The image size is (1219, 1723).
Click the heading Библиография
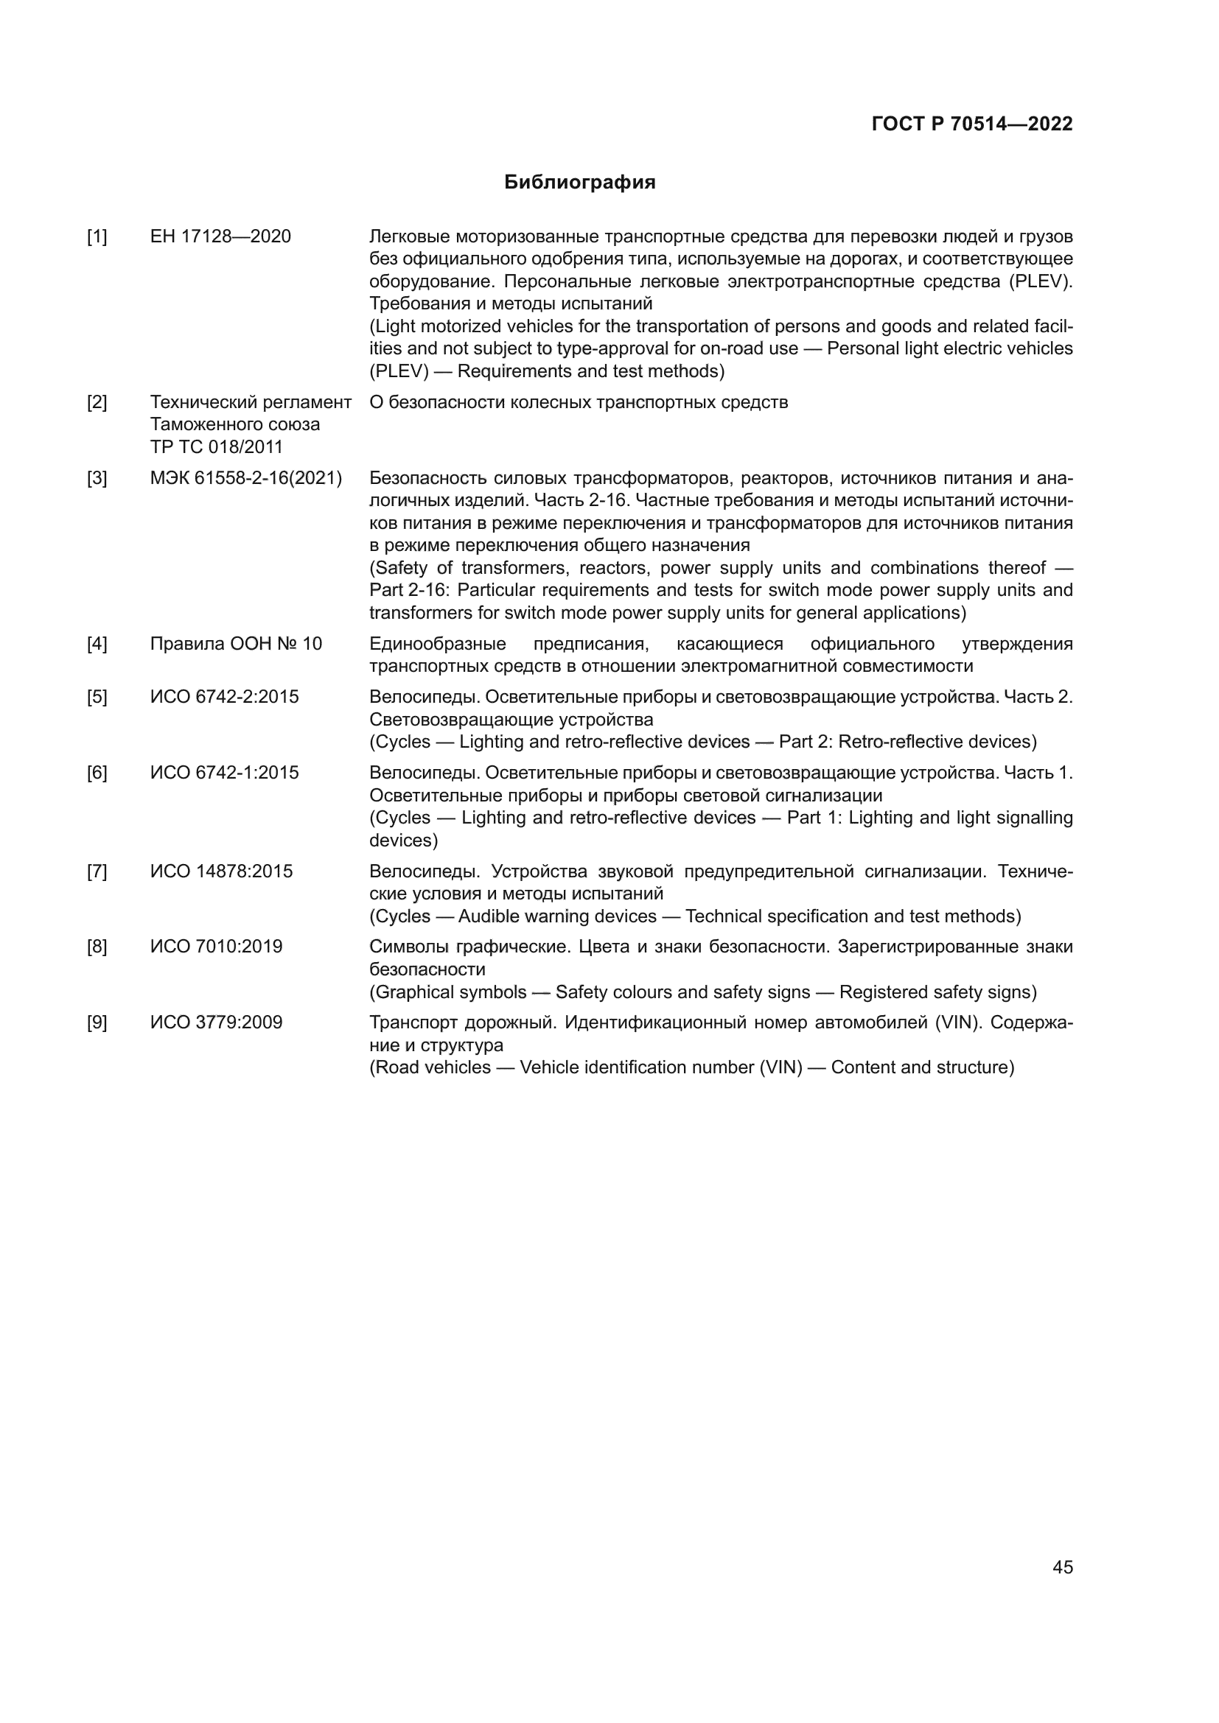click(x=579, y=183)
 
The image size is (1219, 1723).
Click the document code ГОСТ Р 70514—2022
click(x=972, y=124)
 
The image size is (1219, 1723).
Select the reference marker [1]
click(x=97, y=237)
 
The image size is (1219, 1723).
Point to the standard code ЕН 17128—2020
click(x=220, y=237)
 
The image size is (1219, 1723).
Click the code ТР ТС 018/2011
click(x=216, y=447)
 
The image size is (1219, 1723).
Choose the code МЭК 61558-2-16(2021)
click(x=245, y=478)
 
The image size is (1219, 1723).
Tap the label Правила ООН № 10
click(x=236, y=644)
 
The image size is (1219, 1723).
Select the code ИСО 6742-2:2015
click(x=224, y=697)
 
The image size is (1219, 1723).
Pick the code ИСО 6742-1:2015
click(x=224, y=773)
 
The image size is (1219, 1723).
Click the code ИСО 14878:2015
click(x=220, y=872)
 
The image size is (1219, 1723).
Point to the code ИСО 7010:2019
click(x=216, y=947)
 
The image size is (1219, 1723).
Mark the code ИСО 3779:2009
click(x=216, y=1023)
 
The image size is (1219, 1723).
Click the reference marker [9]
click(x=97, y=1023)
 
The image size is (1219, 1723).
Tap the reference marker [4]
click(x=97, y=644)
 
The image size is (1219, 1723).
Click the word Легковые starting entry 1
click(x=409, y=237)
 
